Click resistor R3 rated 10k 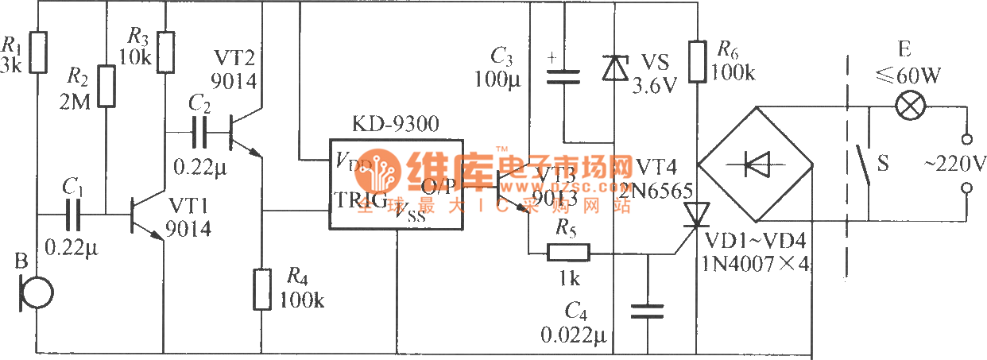[165, 52]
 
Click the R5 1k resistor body [568, 254]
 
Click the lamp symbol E [907, 106]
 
